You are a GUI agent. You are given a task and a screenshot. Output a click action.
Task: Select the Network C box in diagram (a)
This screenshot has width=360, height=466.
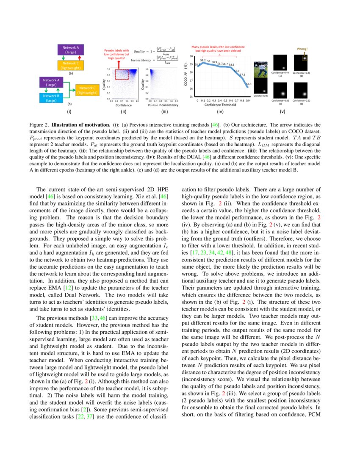[x=70, y=65]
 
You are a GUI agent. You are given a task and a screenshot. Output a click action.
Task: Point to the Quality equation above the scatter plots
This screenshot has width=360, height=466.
[x=155, y=51]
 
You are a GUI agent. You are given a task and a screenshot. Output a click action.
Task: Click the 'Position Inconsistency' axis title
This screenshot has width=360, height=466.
[x=163, y=105]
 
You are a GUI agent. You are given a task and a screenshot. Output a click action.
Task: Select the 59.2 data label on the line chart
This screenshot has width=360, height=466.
[x=203, y=61]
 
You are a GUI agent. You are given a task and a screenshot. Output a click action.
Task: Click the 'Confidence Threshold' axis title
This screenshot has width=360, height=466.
[x=220, y=105]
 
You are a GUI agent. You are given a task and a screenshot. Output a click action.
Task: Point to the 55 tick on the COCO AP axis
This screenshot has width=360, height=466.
[x=191, y=97]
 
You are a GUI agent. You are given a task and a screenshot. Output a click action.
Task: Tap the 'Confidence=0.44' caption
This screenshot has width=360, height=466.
[x=280, y=73]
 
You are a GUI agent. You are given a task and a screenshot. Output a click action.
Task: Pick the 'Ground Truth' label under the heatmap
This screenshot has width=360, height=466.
[x=260, y=96]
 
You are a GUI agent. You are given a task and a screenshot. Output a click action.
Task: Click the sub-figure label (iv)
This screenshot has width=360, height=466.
[x=220, y=112]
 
